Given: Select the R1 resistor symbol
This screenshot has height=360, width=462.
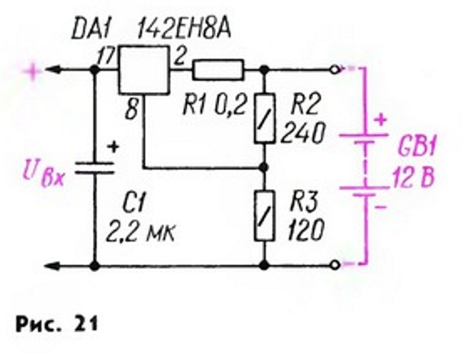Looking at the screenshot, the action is click(x=218, y=70).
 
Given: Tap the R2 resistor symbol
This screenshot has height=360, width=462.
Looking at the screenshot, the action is click(x=265, y=118).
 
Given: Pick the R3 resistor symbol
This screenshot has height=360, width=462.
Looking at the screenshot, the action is click(x=265, y=216).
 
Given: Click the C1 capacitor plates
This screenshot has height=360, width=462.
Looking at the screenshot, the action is click(x=95, y=167).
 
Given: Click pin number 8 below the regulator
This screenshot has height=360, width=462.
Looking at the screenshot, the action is click(x=131, y=108).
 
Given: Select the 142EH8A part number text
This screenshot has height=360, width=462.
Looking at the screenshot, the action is click(x=184, y=30).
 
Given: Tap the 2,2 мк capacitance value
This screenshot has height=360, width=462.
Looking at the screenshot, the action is click(x=140, y=234).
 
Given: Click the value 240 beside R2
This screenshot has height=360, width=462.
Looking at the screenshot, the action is click(x=303, y=133).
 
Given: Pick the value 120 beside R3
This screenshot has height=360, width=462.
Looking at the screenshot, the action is click(x=306, y=230).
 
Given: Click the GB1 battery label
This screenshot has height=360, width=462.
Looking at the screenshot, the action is click(x=416, y=147).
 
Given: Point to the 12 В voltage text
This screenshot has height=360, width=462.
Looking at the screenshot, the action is click(x=413, y=178).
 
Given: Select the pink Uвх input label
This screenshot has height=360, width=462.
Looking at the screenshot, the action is click(x=43, y=176).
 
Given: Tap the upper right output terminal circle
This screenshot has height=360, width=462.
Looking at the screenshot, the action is click(x=336, y=70).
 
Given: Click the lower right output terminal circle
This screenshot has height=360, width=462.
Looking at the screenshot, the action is click(x=336, y=266).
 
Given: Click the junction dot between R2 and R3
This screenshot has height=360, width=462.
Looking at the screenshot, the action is click(x=264, y=168).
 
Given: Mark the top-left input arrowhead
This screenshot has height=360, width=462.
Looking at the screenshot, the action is click(x=52, y=70).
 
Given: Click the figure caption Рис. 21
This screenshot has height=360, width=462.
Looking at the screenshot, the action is click(x=56, y=324).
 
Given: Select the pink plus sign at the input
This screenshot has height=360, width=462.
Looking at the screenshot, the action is click(x=33, y=72).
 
